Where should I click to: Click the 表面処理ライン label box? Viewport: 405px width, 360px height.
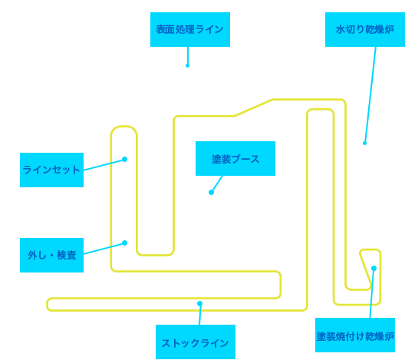[x=190, y=29]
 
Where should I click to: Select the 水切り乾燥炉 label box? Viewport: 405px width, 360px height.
[x=365, y=29]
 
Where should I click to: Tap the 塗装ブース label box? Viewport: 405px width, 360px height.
[x=235, y=158]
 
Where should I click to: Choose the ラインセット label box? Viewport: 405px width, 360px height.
[x=51, y=170]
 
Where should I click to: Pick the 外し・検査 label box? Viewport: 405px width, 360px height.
[x=51, y=255]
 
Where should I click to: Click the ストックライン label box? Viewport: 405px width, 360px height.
[x=196, y=342]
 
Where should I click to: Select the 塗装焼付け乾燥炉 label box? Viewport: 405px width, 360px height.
[x=355, y=335]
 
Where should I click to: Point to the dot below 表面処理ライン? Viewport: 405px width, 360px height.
[x=187, y=66]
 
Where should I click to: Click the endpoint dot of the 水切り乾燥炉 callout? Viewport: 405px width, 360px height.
[x=364, y=143]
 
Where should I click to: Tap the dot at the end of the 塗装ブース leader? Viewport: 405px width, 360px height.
[x=211, y=192]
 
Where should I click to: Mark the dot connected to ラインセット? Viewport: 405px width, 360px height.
[x=124, y=159]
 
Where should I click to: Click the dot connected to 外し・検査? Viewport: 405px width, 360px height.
[x=124, y=243]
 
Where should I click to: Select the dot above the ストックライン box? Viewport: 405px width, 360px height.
[x=199, y=303]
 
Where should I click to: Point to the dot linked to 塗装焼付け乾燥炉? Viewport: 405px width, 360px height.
[x=374, y=268]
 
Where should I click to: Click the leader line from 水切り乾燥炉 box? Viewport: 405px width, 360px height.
[x=370, y=95]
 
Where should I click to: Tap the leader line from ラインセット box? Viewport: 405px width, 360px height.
[x=104, y=164]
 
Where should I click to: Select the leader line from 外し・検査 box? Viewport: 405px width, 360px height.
[x=104, y=249]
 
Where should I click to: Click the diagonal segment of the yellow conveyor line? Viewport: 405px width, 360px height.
[x=253, y=107]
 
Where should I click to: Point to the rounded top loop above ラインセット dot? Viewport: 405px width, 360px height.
[x=124, y=127]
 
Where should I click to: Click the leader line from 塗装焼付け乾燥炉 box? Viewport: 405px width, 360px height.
[x=372, y=293]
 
